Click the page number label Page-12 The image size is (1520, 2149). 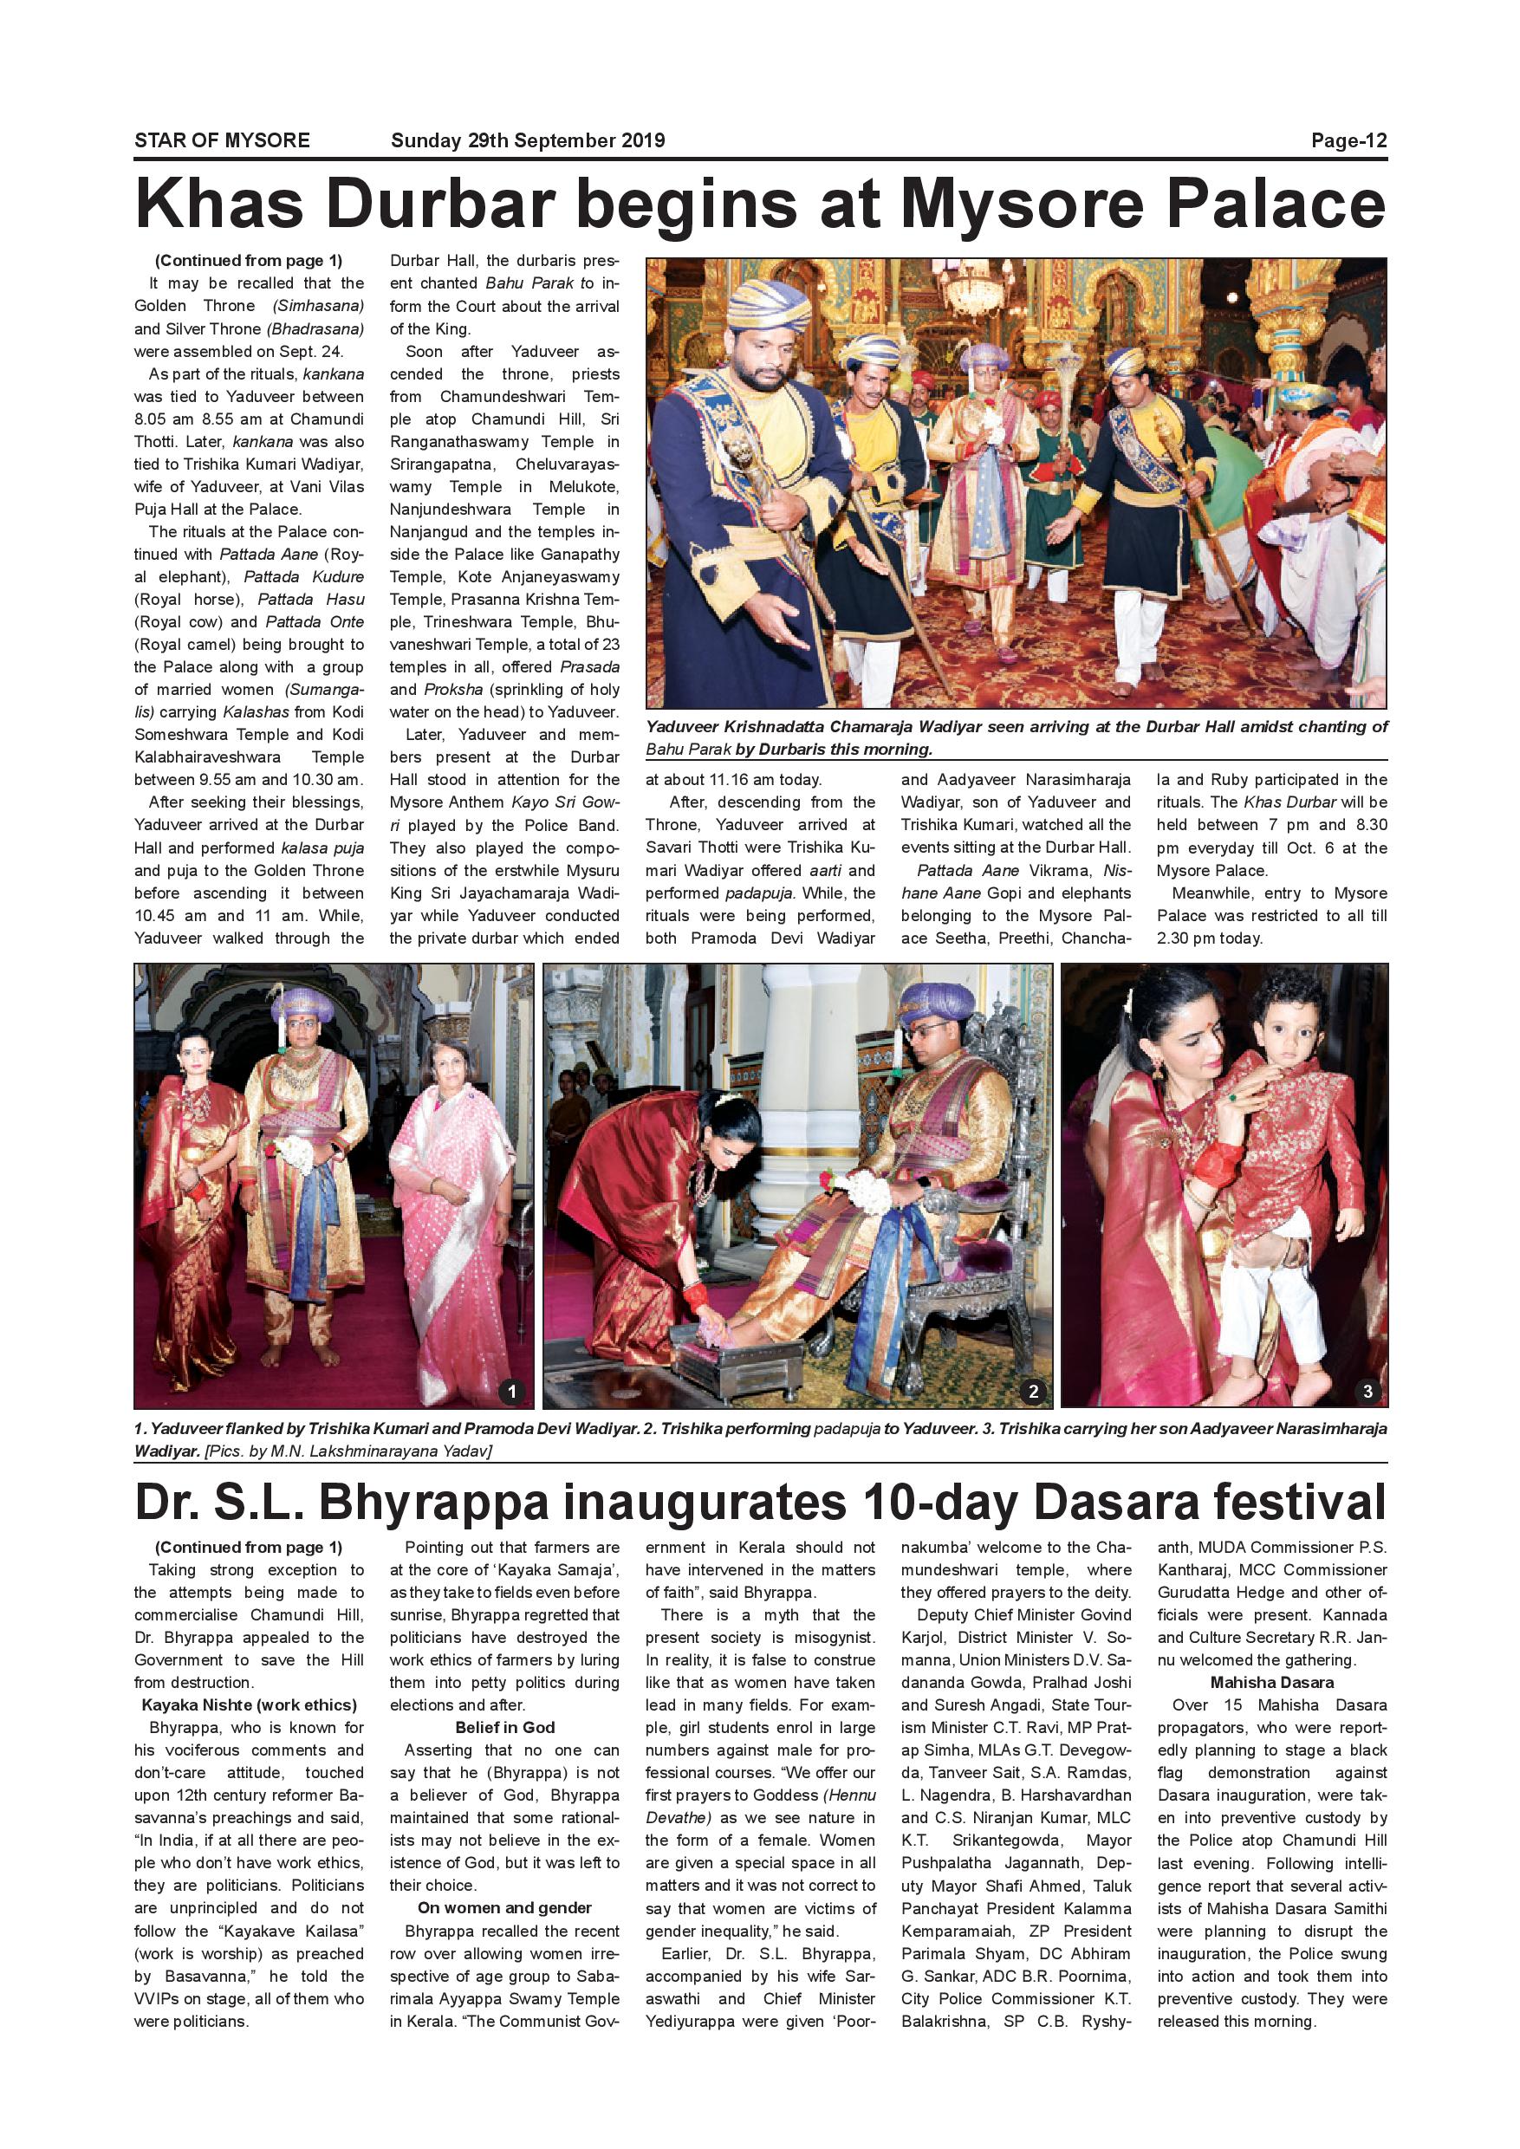click(1348, 140)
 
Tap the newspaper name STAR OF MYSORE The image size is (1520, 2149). click(222, 140)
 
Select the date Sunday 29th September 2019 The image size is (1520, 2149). click(527, 140)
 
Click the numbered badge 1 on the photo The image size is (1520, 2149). click(511, 1391)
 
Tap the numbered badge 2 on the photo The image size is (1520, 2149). click(1032, 1391)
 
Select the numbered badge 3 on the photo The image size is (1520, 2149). click(1367, 1391)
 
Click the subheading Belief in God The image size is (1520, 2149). click(504, 1727)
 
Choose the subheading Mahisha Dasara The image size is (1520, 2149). click(1271, 1682)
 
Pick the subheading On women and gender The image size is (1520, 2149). click(504, 1907)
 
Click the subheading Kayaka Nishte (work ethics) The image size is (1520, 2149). click(249, 1704)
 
